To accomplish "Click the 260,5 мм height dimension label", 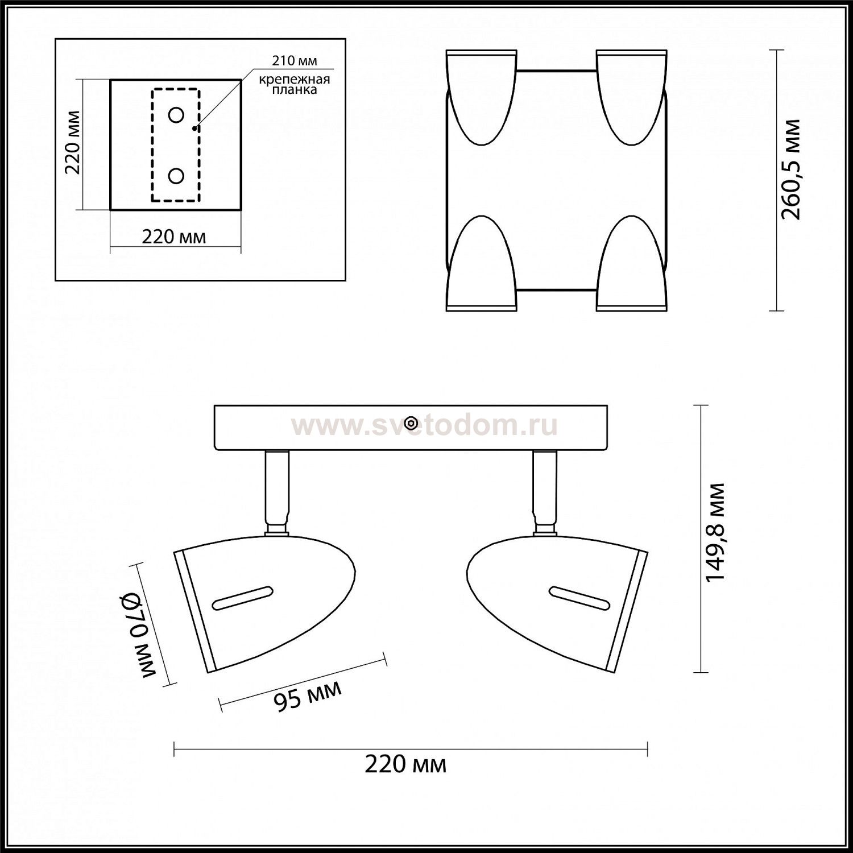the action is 790,169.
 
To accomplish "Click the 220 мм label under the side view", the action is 405,765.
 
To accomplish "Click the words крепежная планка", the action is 295,85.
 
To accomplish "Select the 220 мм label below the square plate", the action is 174,236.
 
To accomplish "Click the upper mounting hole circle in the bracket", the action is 176,115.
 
